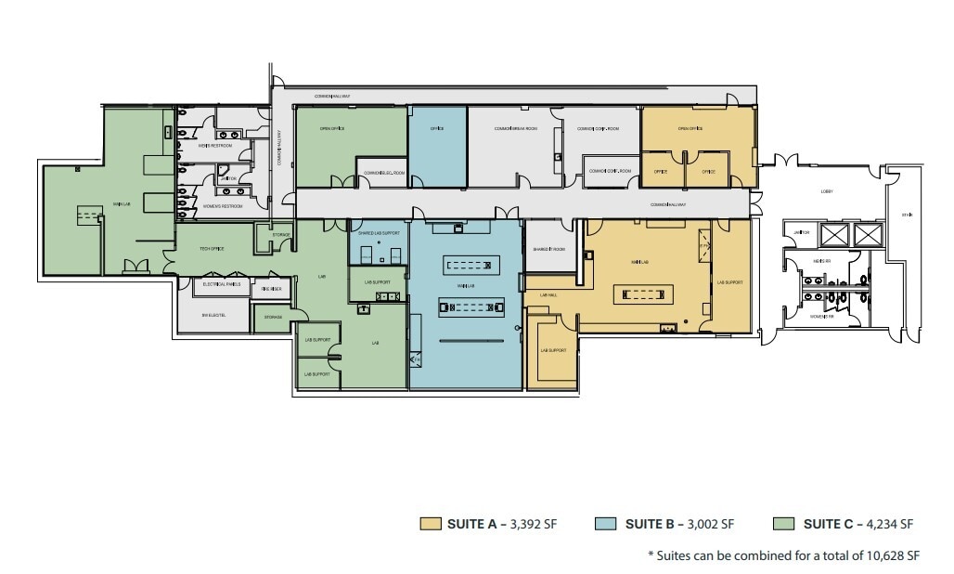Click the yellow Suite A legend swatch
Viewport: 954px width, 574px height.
pos(430,524)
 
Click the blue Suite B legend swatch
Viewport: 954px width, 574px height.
pos(605,524)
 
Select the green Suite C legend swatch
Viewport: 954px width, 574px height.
pos(783,524)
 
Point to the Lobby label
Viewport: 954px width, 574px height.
pos(827,191)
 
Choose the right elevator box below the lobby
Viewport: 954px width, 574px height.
pos(868,233)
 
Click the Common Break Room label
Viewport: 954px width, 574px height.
pos(516,128)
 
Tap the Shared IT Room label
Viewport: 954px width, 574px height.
pos(549,249)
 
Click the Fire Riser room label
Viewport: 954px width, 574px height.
pos(272,289)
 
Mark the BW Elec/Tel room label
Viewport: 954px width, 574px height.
pos(213,316)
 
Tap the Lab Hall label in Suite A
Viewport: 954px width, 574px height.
pos(548,295)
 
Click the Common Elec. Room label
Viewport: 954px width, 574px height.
pos(383,173)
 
